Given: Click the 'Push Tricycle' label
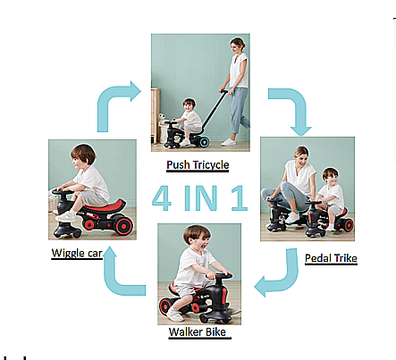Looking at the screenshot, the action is click(x=198, y=165).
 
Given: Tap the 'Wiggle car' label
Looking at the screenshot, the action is click(x=77, y=253).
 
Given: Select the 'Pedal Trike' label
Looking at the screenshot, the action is click(x=331, y=258).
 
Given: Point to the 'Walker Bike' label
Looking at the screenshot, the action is click(x=198, y=331).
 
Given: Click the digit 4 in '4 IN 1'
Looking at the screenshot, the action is click(x=162, y=198).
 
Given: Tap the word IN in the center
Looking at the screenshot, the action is click(x=201, y=198).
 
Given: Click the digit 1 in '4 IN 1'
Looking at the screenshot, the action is click(x=240, y=198).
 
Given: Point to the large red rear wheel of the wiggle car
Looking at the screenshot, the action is click(x=123, y=226).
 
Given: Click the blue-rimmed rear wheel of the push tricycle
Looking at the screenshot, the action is click(x=204, y=142).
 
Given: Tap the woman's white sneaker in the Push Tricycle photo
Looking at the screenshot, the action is click(x=229, y=142).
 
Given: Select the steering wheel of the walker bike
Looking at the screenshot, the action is click(x=219, y=276).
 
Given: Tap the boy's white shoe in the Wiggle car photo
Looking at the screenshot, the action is click(x=66, y=216).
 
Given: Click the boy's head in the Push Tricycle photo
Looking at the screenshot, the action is click(x=189, y=105).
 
